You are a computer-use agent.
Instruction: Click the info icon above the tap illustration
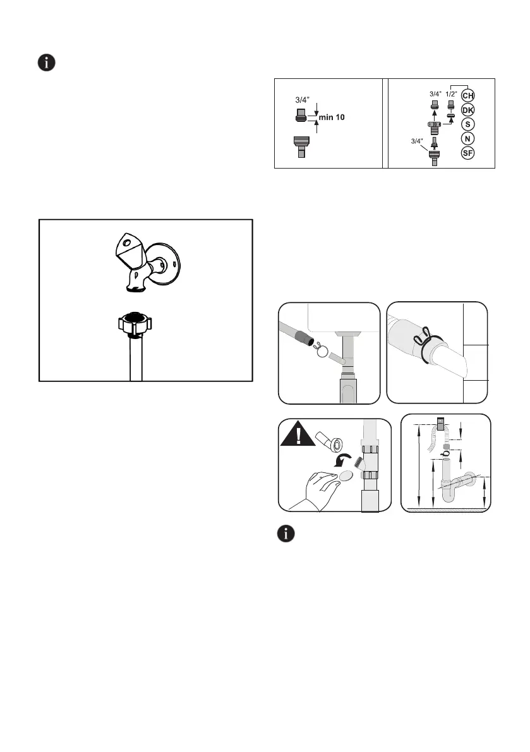tap(47, 63)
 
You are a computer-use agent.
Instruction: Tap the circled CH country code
tap(467, 95)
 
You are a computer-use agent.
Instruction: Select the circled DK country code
tap(467, 110)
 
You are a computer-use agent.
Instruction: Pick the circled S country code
tap(467, 124)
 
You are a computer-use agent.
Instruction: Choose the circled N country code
tap(467, 139)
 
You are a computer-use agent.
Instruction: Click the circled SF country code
tap(467, 153)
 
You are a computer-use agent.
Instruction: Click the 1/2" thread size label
tap(450, 95)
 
